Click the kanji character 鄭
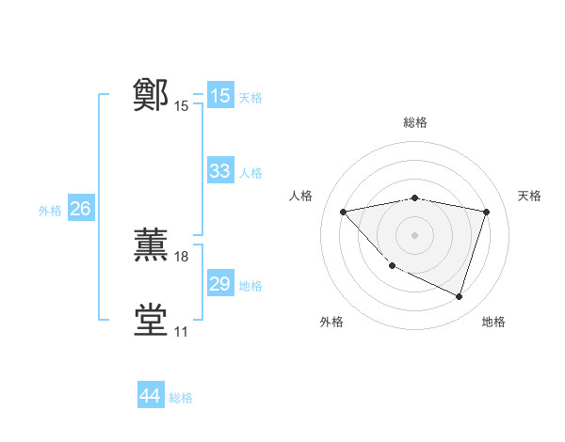pos(151,95)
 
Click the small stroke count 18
pos(182,257)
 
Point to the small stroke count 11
pos(181,332)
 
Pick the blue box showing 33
pos(220,171)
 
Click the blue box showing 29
pos(220,284)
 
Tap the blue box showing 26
pos(80,209)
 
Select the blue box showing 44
pos(150,396)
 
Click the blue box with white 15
pos(220,96)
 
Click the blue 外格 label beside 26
pos(50,211)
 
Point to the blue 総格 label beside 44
pos(181,398)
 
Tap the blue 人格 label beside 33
pos(250,173)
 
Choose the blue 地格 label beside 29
pos(250,286)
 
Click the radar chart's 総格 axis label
pos(414,122)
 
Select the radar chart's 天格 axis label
pos(529,196)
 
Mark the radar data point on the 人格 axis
pos(343,212)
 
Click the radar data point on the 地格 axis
pos(459,296)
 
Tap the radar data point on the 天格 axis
pos(486,212)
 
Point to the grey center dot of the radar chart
pos(414,234)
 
